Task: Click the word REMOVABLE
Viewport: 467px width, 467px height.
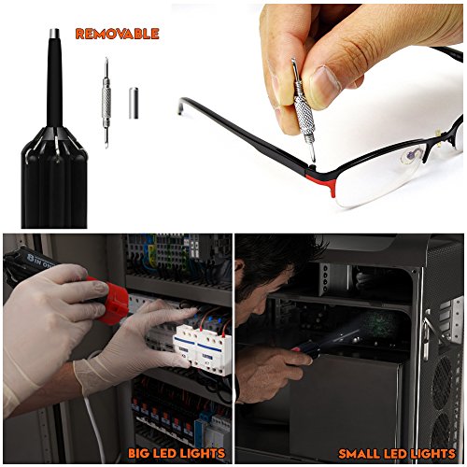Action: [117, 34]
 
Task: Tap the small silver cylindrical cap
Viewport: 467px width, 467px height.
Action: [134, 103]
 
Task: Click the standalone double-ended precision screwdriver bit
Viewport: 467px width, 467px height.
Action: [106, 103]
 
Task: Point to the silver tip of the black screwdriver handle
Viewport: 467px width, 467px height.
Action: [54, 34]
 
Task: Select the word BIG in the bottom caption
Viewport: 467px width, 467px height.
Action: [139, 453]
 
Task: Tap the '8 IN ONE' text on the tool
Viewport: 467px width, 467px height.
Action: [39, 259]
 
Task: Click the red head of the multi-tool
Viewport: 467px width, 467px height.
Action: [111, 301]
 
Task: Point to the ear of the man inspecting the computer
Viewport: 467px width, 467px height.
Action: [239, 271]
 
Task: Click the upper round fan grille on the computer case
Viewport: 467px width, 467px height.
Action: [442, 384]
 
